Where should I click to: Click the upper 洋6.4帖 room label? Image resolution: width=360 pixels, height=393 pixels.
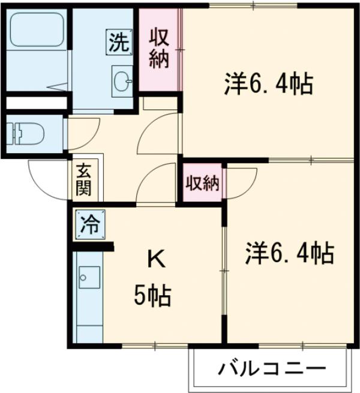[268, 85]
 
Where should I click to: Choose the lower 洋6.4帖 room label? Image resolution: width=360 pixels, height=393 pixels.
[289, 254]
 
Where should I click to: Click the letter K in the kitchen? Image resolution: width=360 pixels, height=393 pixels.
[155, 259]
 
